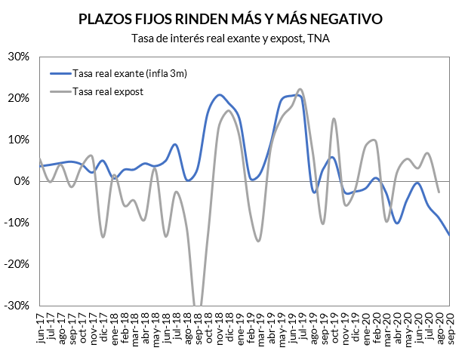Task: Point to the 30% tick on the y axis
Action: pos(19,57)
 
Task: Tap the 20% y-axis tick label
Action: pos(19,98)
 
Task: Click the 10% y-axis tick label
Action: pos(19,140)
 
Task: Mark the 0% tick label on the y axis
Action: pos(22,181)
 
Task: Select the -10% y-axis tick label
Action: pos(17,223)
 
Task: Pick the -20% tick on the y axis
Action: pos(17,264)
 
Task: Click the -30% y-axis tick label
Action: pos(17,306)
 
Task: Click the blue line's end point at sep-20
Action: pos(450,235)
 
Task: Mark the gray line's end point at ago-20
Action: pos(439,192)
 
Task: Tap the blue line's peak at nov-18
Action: pos(219,95)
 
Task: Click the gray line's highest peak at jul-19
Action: pos(300,89)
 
